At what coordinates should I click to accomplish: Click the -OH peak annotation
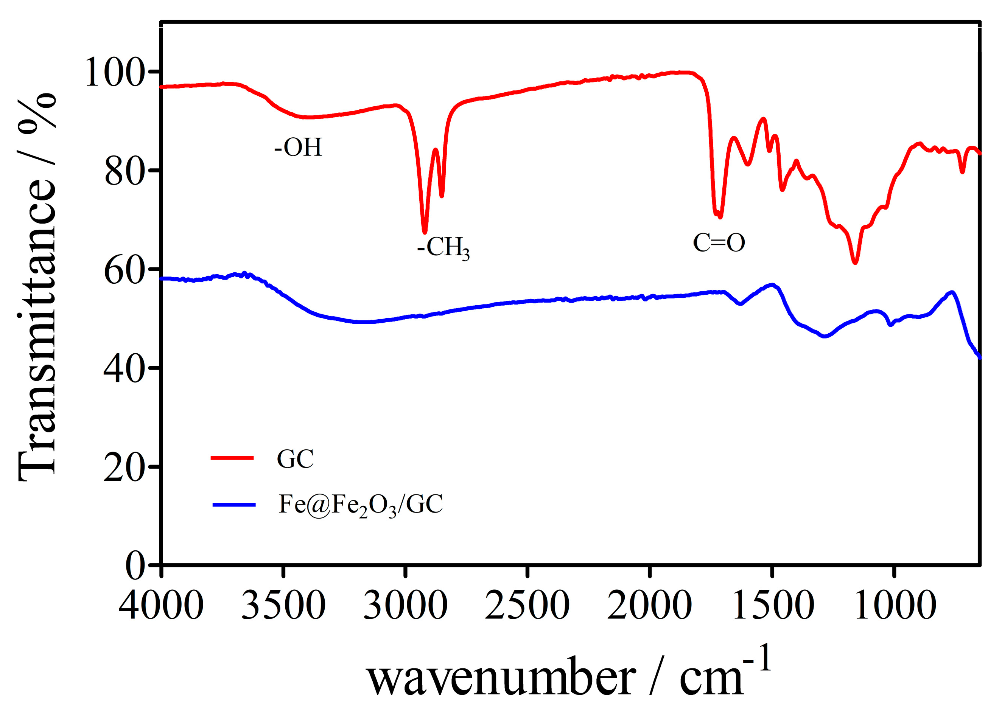click(298, 148)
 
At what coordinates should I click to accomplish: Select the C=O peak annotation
click(719, 243)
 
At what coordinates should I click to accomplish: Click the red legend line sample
click(232, 458)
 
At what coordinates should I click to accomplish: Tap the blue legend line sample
click(233, 505)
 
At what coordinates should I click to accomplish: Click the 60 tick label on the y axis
click(124, 270)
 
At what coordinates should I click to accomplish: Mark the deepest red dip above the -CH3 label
click(424, 232)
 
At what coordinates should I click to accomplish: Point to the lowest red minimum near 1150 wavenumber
click(856, 262)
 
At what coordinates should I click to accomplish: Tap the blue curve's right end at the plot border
click(979, 357)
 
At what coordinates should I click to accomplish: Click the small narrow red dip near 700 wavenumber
click(962, 171)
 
